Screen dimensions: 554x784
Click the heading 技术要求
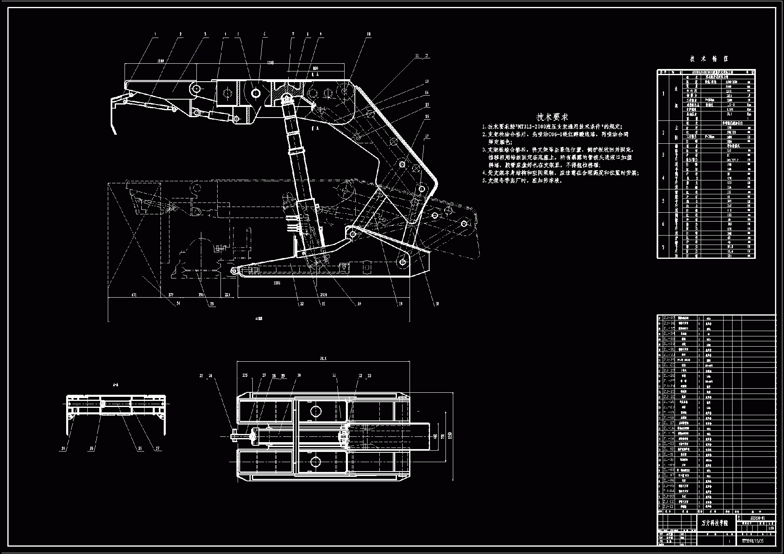pos(552,117)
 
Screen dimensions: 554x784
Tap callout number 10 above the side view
pos(369,35)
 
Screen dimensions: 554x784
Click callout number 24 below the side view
pos(178,303)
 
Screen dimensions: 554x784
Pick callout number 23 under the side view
pos(212,304)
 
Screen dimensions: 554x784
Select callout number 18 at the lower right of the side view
pos(437,304)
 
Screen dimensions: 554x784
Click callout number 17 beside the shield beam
pos(427,136)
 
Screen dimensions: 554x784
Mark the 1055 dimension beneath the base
pos(277,283)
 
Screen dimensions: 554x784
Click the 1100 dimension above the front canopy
pos(160,61)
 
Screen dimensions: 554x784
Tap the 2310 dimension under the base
pos(323,295)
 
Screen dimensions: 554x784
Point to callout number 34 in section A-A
pos(63,448)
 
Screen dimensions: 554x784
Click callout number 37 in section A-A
pos(158,448)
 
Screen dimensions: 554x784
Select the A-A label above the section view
pos(116,385)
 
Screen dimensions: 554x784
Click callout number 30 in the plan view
pos(299,376)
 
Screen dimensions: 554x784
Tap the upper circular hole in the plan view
pos(316,411)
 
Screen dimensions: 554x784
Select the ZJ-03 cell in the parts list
pos(669,496)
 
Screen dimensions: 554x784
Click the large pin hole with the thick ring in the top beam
pos(256,93)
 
